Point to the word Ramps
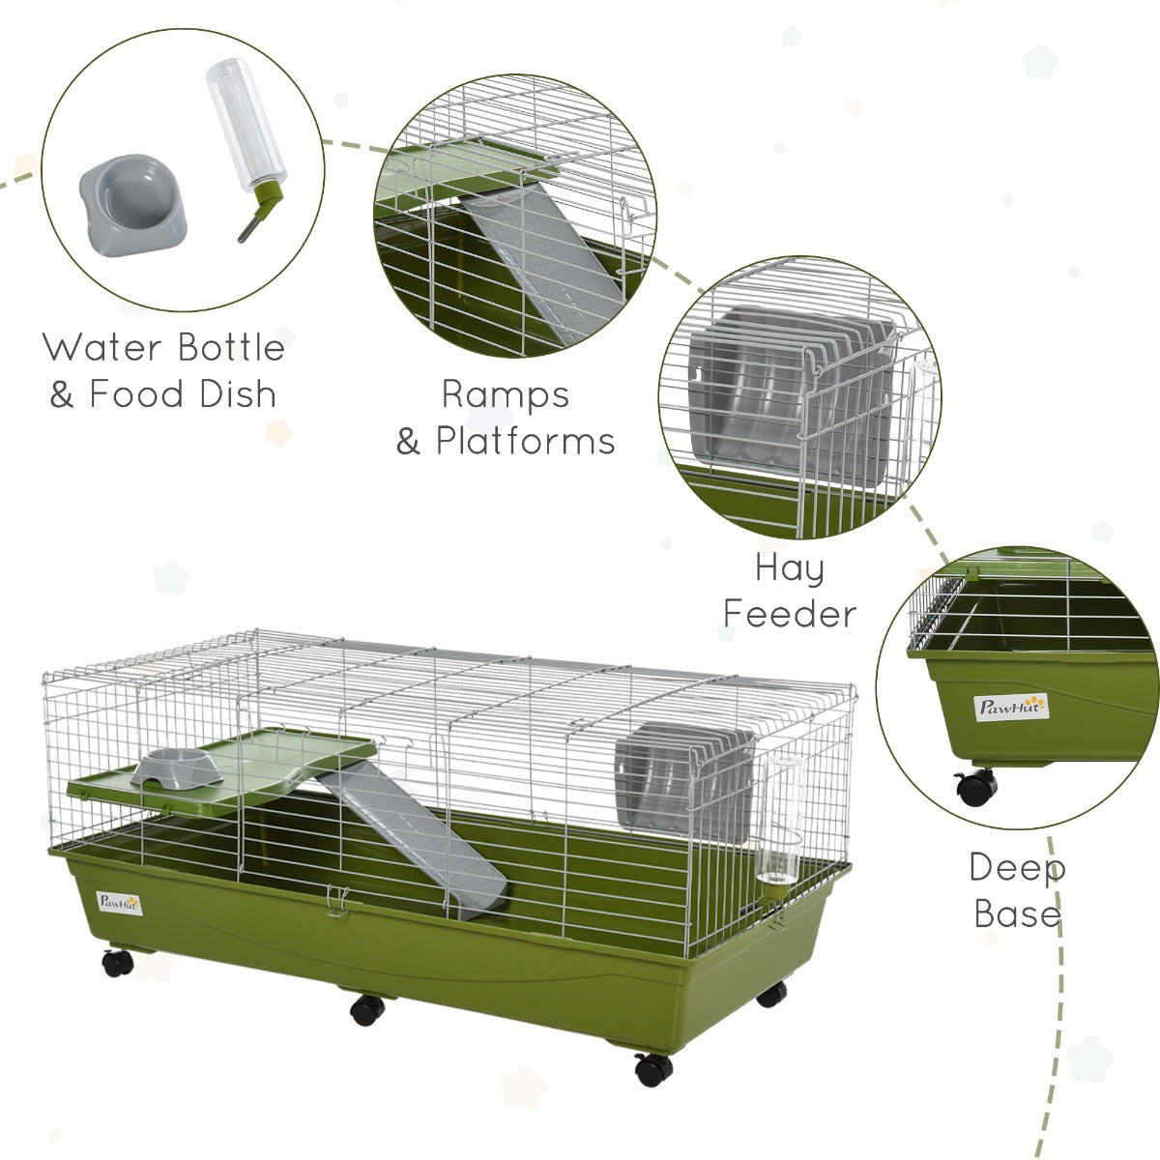506,394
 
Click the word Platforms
525,441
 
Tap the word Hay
790,568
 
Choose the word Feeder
790,613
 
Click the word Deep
1017,867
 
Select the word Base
1017,913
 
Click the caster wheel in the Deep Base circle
976,787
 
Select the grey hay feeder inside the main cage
684,779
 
